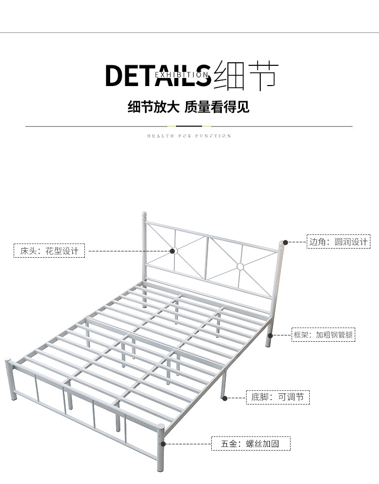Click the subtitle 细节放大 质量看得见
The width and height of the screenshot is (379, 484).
tap(188, 107)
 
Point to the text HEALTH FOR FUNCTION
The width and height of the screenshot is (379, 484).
tap(189, 136)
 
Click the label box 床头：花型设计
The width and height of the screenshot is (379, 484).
tap(49, 251)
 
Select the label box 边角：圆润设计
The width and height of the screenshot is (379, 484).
tap(339, 242)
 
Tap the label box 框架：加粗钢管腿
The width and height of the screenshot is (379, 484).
tap(324, 335)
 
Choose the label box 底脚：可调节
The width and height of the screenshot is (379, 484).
tap(277, 397)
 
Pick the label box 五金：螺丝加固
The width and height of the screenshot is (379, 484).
tap(251, 444)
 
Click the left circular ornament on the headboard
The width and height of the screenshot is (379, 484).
tap(173, 251)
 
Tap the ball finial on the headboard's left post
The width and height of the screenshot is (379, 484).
tap(143, 215)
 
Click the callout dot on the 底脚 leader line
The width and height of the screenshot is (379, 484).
tap(224, 397)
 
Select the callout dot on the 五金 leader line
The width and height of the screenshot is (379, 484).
tap(163, 444)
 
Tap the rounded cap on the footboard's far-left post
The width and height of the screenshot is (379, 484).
tap(8, 361)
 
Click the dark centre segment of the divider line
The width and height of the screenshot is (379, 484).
tap(189, 126)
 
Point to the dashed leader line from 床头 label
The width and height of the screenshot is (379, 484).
tap(129, 251)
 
